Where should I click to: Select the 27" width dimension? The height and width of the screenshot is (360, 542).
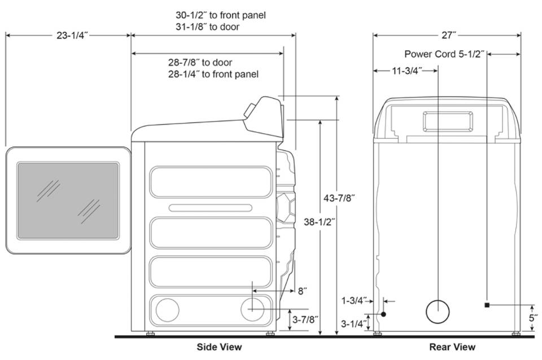pos(448,35)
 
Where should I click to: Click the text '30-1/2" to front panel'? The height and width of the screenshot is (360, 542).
pos(220,15)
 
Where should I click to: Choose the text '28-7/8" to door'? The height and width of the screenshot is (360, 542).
pos(200,62)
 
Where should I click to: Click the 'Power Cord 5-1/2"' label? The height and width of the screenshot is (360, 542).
pos(444,54)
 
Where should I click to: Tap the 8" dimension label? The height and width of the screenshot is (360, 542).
pos(302,291)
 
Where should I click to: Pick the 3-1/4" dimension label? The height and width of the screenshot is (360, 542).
pos(354,323)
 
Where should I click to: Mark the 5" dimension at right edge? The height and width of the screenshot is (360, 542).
pos(532,318)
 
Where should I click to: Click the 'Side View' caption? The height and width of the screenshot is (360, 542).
pos(219,346)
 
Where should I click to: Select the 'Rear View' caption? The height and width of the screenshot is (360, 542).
pos(452,346)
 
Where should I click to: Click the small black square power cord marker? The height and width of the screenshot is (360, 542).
pos(486,305)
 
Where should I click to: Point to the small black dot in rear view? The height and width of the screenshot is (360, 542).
pos(383,314)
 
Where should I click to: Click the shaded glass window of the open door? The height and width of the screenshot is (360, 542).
pos(68,200)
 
